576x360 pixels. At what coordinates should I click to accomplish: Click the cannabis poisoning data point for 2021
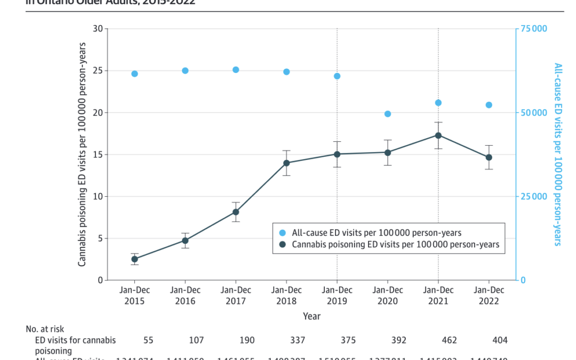pyautogui.click(x=438, y=135)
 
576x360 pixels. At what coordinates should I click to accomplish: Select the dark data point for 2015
pyautogui.click(x=134, y=259)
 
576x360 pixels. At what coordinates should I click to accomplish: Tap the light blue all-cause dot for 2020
pyautogui.click(x=388, y=114)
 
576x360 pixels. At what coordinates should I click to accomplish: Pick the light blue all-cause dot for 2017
pyautogui.click(x=236, y=70)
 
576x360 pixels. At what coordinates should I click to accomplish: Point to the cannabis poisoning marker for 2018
pyautogui.click(x=286, y=163)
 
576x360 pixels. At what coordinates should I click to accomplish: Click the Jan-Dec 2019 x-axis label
pyautogui.click(x=337, y=295)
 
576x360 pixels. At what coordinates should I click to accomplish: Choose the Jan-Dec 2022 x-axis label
pyautogui.click(x=489, y=295)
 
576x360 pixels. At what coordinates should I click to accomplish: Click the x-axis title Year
pyautogui.click(x=311, y=317)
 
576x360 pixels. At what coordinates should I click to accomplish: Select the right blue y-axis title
pyautogui.click(x=558, y=154)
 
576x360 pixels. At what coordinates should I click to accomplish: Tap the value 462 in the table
pyautogui.click(x=438, y=340)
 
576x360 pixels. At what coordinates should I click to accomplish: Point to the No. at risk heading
pyautogui.click(x=45, y=330)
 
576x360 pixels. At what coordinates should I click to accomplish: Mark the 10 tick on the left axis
pyautogui.click(x=97, y=196)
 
